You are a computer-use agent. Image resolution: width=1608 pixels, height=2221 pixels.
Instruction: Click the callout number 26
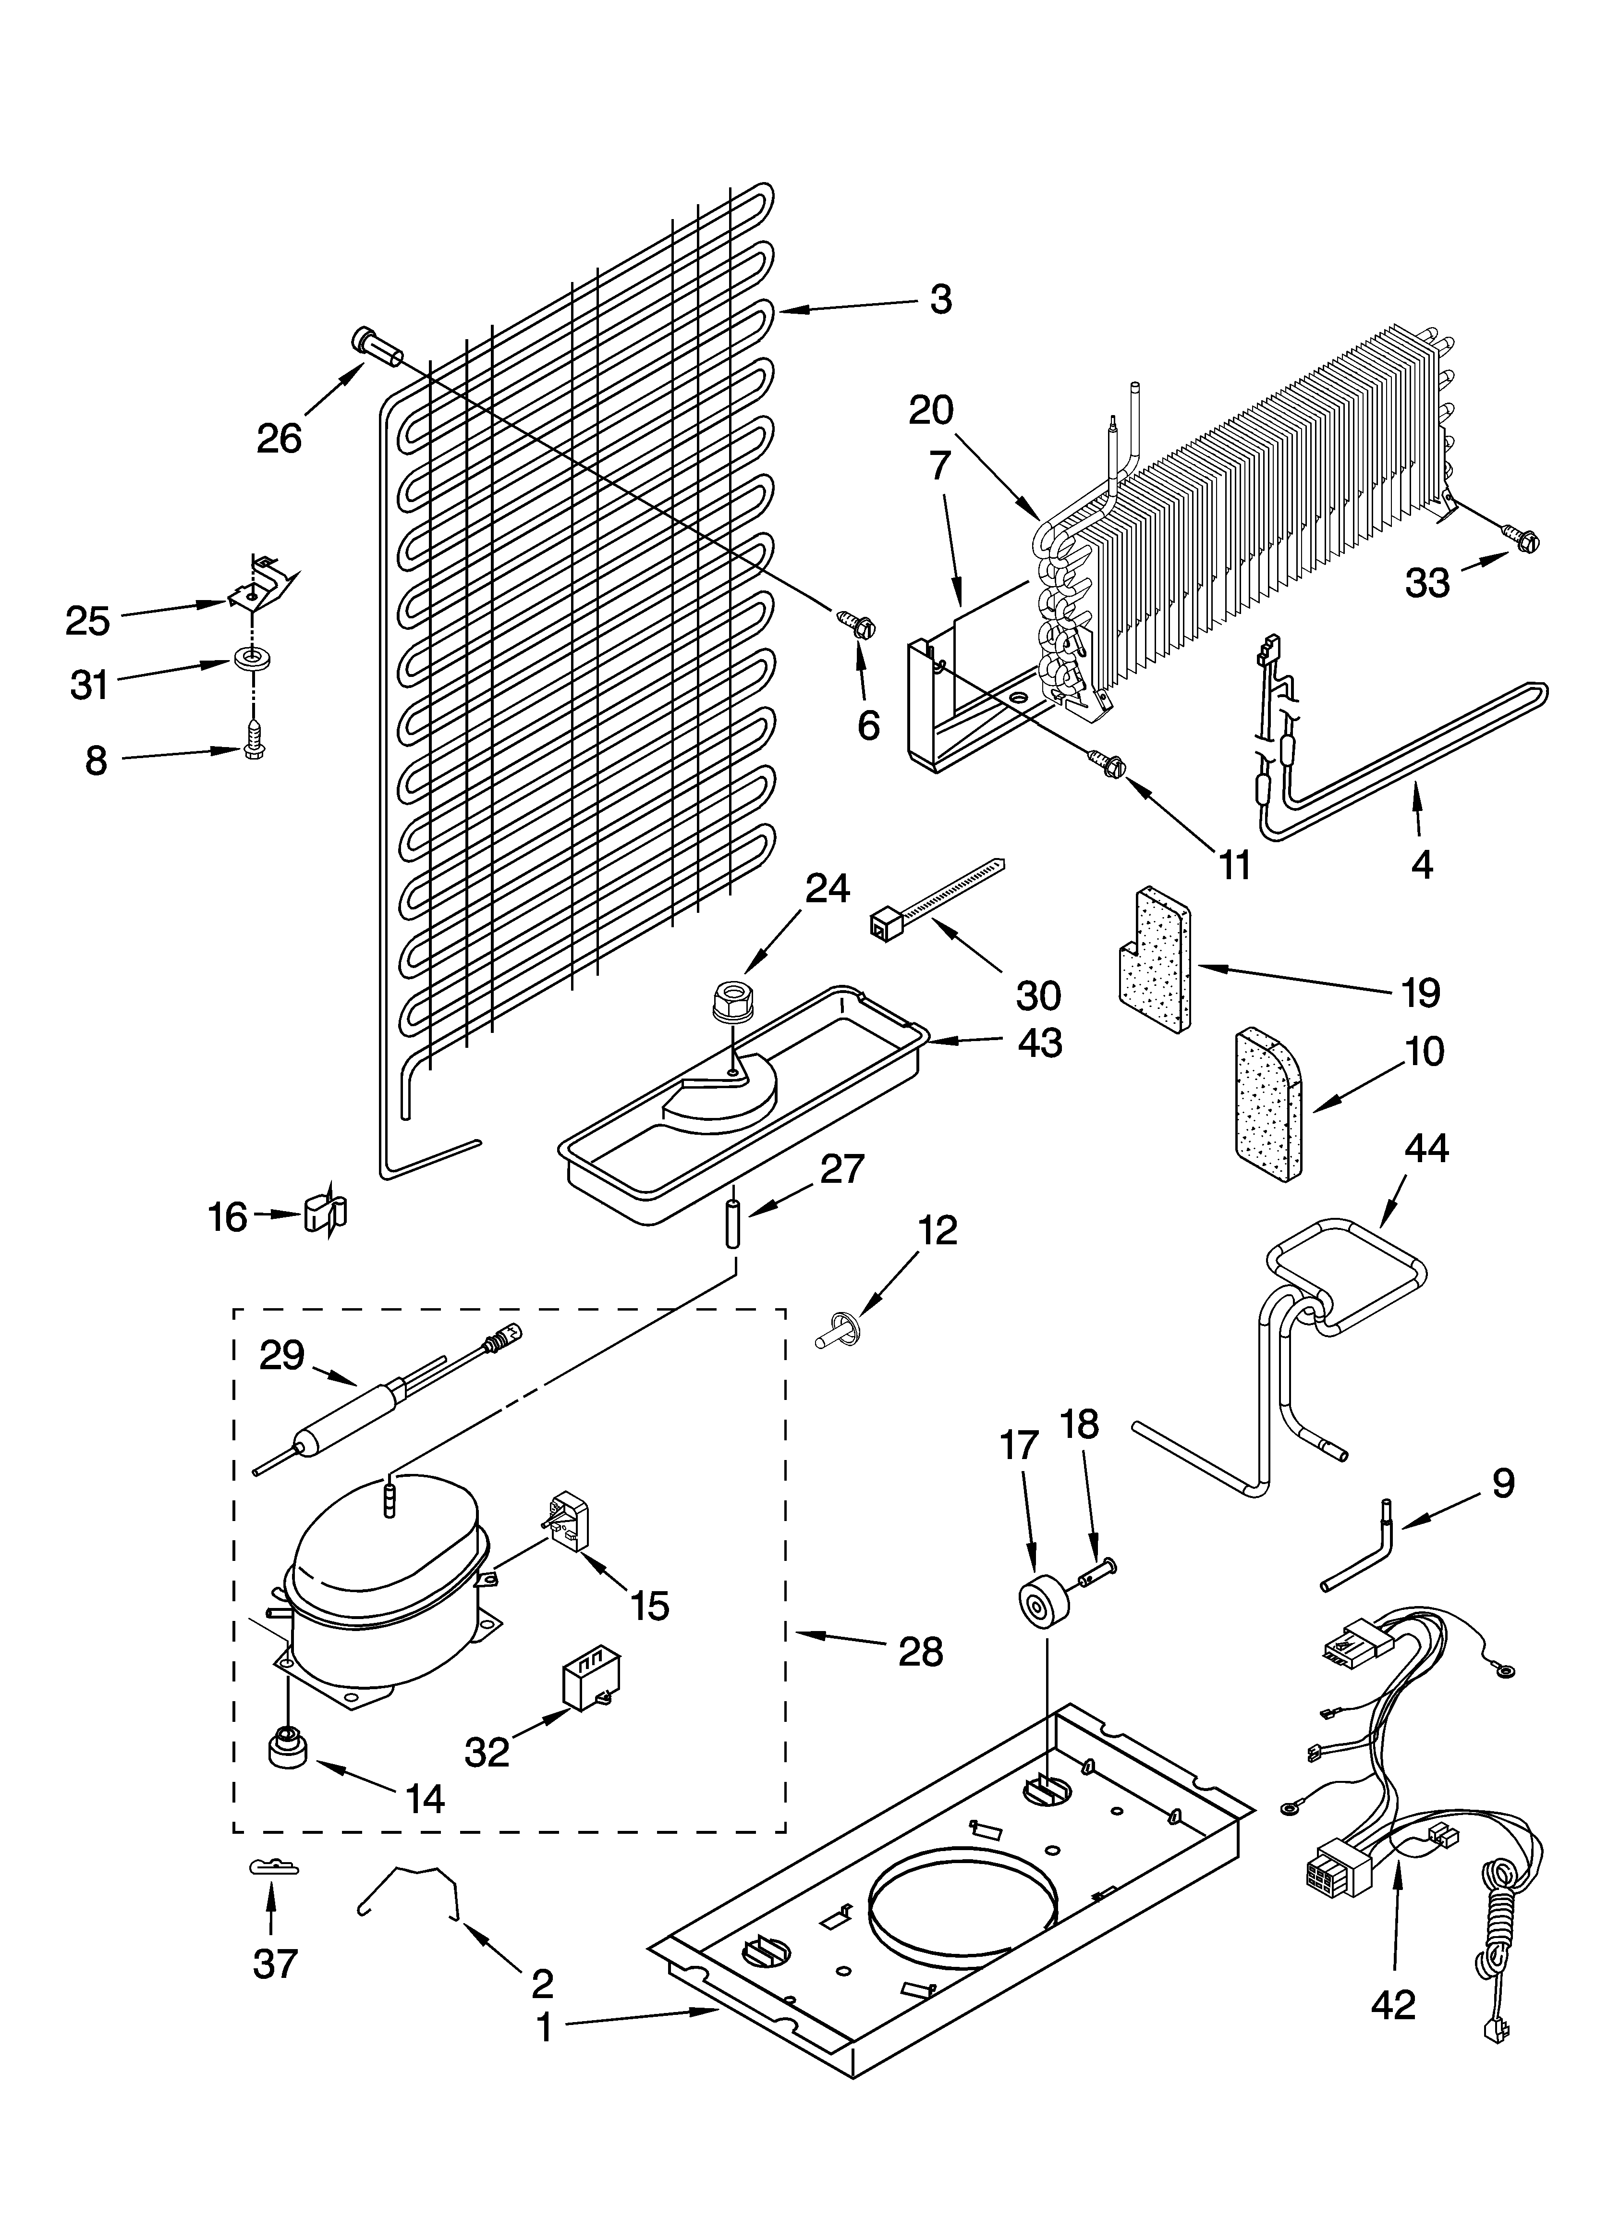[x=279, y=439]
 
